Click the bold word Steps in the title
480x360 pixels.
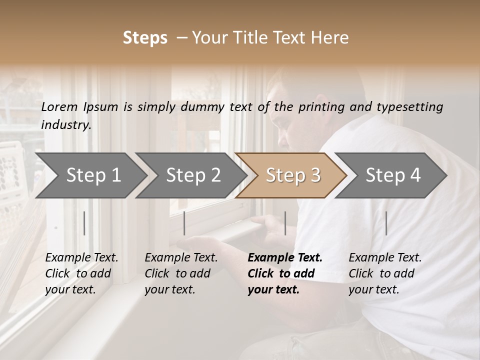click(145, 38)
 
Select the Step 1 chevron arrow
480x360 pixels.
click(93, 175)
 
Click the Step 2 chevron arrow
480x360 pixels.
click(193, 175)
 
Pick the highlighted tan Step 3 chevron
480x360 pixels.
click(292, 175)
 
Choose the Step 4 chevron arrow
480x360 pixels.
click(392, 175)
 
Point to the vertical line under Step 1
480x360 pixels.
click(84, 223)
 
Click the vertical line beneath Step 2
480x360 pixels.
click(184, 223)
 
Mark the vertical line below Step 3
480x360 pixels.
click(285, 223)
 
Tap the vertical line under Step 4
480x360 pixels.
click(386, 223)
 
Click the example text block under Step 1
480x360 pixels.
click(81, 273)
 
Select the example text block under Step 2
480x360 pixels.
click(181, 273)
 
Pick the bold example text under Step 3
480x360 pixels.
click(284, 273)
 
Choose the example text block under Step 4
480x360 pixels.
click(385, 273)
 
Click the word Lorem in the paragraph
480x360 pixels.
click(59, 107)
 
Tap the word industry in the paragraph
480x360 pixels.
click(65, 125)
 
